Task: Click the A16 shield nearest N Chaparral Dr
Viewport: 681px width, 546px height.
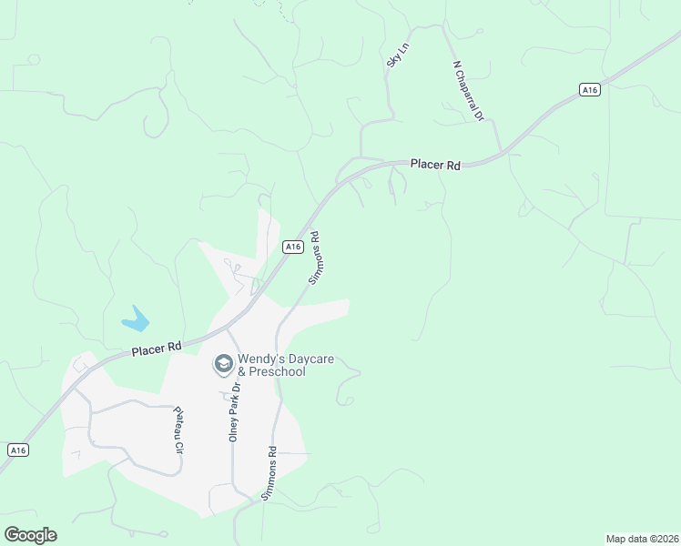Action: tap(590, 89)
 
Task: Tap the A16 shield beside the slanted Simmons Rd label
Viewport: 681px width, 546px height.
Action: tap(292, 247)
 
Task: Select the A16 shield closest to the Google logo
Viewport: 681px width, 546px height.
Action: tap(16, 450)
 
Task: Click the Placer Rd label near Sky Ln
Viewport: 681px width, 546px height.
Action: tap(435, 165)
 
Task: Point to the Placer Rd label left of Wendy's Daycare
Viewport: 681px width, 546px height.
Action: tap(157, 349)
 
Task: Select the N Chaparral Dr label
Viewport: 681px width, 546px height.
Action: tap(467, 92)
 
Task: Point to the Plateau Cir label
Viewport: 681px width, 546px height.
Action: tap(179, 430)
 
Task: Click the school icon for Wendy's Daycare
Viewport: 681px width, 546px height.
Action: tap(222, 365)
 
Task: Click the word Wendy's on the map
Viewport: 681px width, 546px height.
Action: tap(259, 359)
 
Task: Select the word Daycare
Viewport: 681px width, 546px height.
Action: tap(306, 359)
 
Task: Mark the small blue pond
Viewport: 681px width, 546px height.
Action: tap(136, 318)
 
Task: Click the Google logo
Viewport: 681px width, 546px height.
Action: tap(30, 535)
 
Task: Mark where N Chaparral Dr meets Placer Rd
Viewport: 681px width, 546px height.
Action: tap(500, 151)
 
